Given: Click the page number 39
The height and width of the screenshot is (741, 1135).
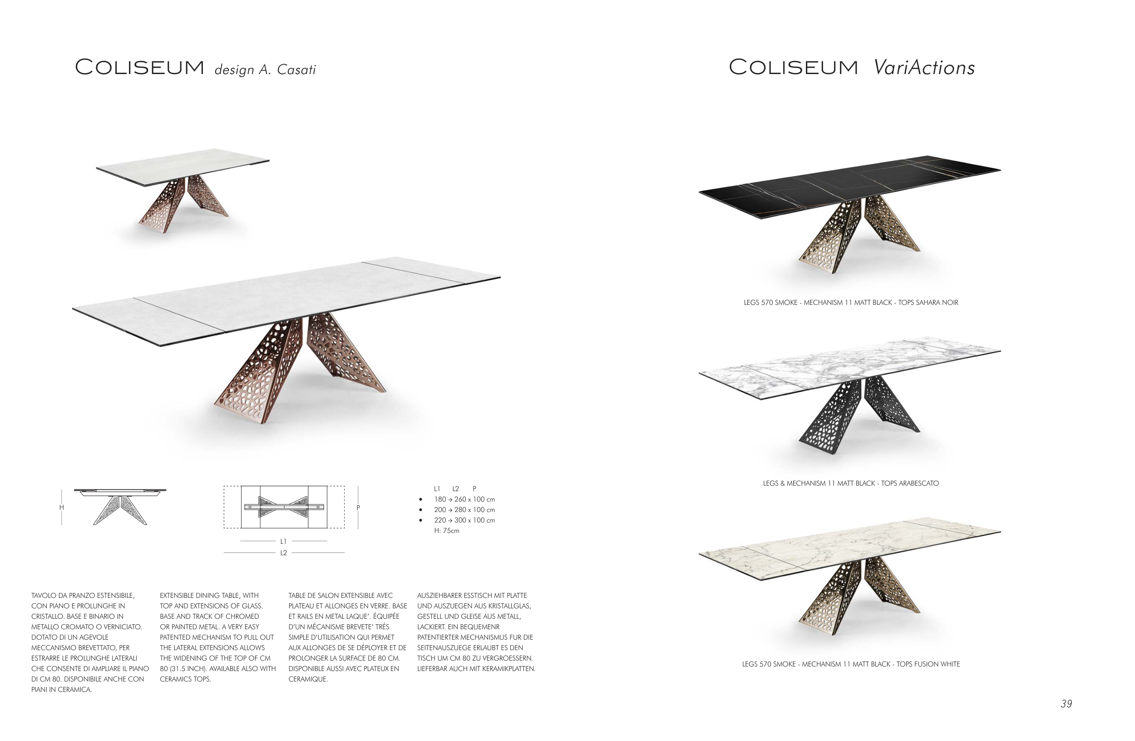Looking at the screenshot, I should [1066, 704].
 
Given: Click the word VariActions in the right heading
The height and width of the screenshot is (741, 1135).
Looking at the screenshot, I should [924, 67].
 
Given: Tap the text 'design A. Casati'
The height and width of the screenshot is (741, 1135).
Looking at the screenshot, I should [265, 70].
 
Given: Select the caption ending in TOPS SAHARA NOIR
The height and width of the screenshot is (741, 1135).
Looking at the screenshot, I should [851, 303].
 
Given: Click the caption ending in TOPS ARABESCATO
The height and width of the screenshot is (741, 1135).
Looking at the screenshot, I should [851, 483].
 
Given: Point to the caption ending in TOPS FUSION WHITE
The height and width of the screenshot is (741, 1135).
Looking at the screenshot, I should [851, 664].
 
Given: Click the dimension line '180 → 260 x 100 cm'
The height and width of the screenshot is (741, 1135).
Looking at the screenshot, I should [464, 500].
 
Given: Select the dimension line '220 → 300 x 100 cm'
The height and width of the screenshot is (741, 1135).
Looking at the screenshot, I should [464, 521].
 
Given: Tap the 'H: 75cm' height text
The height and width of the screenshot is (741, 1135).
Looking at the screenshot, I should [446, 531].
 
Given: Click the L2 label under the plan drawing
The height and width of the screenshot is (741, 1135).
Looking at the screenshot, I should [284, 553].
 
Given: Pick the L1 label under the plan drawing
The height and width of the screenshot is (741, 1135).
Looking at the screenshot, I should [284, 542].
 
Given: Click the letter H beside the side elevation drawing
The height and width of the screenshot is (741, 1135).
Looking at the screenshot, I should [62, 507].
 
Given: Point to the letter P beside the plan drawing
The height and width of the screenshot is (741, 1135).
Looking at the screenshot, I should [358, 507].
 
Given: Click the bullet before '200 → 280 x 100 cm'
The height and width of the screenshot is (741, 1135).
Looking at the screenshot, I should [420, 510].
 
